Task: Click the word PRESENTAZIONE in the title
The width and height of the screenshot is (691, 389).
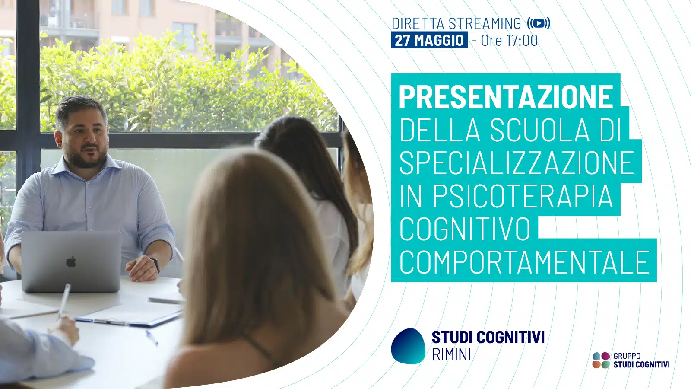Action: click(506, 97)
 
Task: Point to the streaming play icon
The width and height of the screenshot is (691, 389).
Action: click(539, 23)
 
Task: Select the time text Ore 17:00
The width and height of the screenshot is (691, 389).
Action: click(509, 41)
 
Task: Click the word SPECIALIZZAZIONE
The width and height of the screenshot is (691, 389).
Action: click(517, 163)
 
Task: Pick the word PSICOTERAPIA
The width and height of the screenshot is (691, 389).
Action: click(523, 196)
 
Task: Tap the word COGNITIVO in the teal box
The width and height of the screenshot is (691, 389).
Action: click(465, 229)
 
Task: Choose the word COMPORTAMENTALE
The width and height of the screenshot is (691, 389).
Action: click(524, 262)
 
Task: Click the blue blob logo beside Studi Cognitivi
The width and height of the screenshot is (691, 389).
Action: click(408, 346)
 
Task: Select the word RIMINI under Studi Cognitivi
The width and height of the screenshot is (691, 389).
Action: click(452, 354)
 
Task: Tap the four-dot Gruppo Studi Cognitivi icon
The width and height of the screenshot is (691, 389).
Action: click(601, 360)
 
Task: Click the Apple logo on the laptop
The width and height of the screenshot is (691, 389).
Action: click(71, 262)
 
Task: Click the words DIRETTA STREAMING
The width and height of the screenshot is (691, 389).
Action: click(456, 23)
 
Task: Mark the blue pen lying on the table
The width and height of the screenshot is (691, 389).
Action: click(152, 338)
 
